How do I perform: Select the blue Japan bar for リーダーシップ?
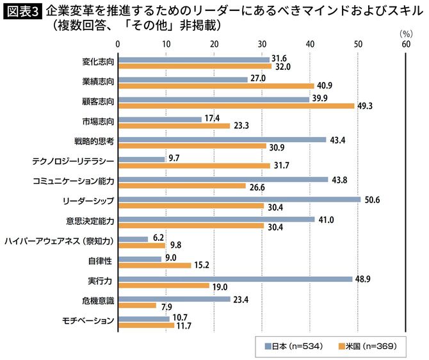click(x=239, y=199)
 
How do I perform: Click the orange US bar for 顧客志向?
click(x=236, y=106)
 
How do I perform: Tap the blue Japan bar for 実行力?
click(x=235, y=279)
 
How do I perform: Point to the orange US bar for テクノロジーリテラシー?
click(x=194, y=166)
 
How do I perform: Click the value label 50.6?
click(x=373, y=200)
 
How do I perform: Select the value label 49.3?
click(x=366, y=106)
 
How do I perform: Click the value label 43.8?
click(x=340, y=180)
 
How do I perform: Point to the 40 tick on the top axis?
click(x=310, y=44)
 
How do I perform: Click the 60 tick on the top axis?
click(x=405, y=44)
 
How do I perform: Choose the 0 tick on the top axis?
click(x=118, y=44)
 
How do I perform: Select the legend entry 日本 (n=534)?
click(x=298, y=346)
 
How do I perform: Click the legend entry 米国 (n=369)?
click(x=370, y=346)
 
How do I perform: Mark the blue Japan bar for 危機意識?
click(x=174, y=299)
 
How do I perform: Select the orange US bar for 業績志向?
click(x=216, y=86)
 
